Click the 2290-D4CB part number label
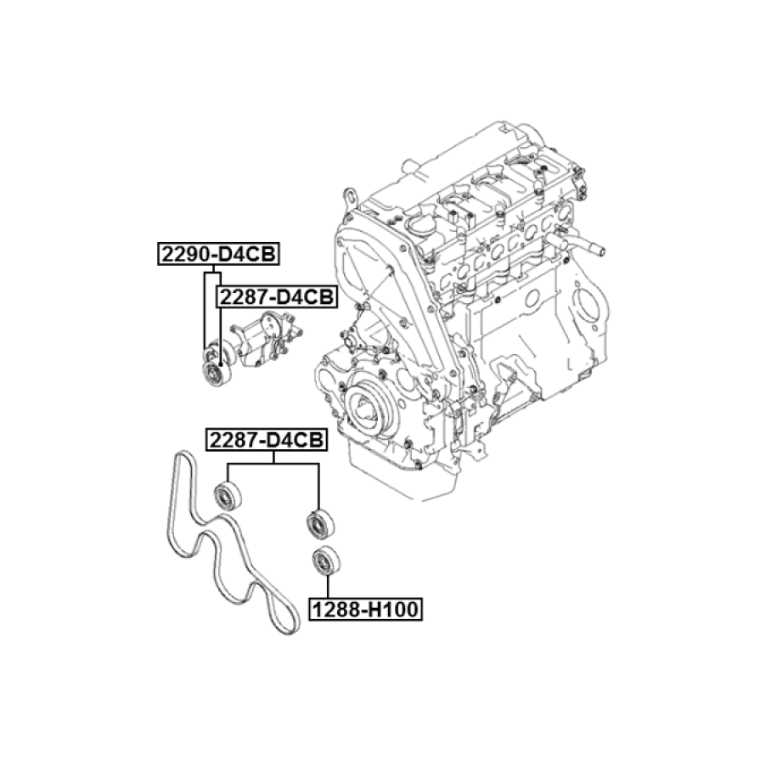218,254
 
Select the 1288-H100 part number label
366,609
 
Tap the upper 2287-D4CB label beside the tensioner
277,297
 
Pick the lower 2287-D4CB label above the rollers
267,440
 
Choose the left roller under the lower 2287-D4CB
228,494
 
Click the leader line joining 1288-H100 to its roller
327,587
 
